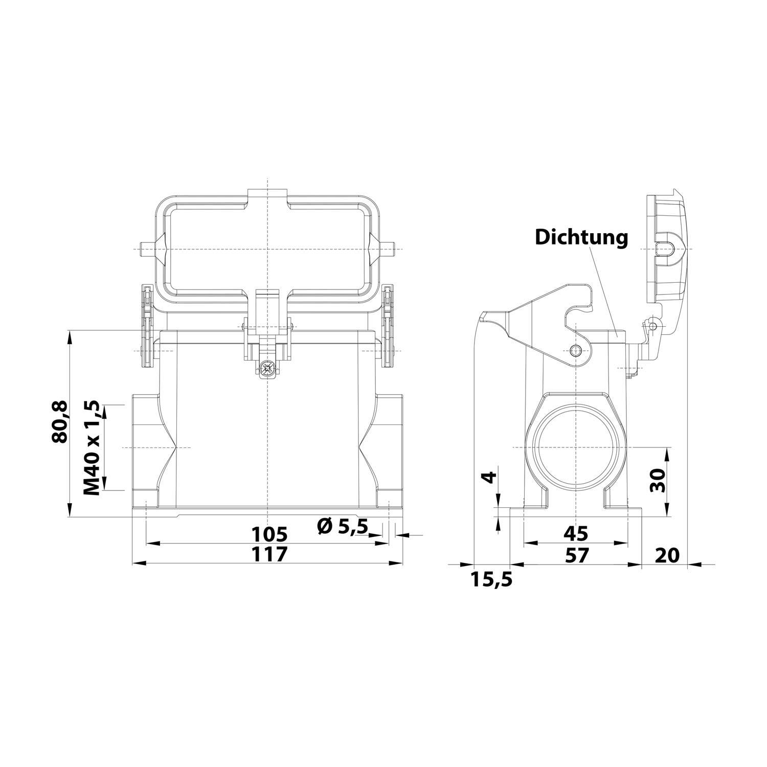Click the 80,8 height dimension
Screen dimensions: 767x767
(60, 422)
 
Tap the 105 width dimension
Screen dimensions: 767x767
(269, 534)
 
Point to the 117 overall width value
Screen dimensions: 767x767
(269, 554)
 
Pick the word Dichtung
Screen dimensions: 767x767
(581, 237)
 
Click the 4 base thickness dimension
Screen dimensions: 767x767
(489, 478)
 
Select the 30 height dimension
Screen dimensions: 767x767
(658, 480)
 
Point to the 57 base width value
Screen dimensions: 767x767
(576, 554)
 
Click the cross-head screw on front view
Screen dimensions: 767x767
(266, 368)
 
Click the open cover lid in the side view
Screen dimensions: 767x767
(667, 245)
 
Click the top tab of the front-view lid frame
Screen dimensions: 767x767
(267, 195)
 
